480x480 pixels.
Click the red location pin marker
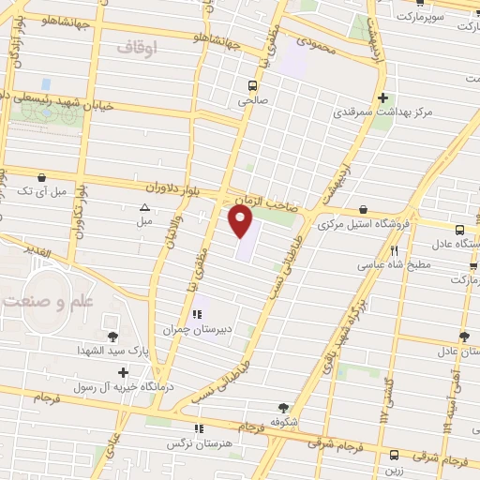[241, 221]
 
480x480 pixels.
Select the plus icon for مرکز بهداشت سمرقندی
[382, 97]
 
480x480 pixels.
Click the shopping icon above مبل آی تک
[41, 177]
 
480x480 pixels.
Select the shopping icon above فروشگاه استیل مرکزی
[363, 210]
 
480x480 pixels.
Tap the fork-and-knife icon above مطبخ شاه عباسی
[395, 250]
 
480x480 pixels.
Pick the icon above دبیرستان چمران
[197, 315]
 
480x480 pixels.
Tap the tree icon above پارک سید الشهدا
[113, 336]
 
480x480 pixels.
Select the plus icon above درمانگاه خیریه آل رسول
[123, 372]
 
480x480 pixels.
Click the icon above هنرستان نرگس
[185, 428]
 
